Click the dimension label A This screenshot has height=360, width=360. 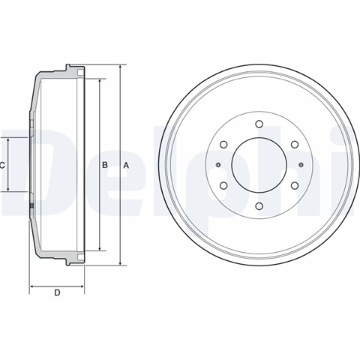pos(126,165)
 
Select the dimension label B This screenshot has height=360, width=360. pos(105,165)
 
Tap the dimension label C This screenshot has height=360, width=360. pos(2,165)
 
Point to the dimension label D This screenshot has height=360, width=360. pos(57,292)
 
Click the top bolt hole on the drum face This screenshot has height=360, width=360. pos(259,124)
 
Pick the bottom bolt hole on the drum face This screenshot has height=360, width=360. pos(259,206)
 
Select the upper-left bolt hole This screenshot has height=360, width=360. pos(223,144)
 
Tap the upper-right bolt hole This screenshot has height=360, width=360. pos(295,144)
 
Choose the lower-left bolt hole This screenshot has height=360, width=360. pos(223,185)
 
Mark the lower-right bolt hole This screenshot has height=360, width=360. pos(295,185)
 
